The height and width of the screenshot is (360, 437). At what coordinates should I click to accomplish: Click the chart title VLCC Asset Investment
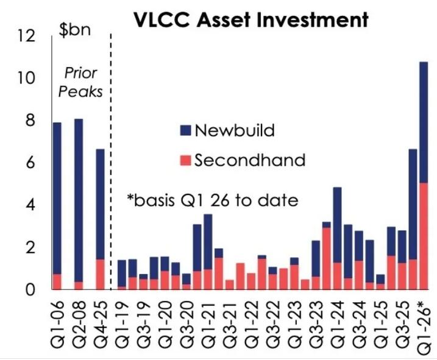point(251,20)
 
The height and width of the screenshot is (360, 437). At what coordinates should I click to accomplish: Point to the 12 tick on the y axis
point(28,37)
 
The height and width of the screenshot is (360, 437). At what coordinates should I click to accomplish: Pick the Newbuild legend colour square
point(187,130)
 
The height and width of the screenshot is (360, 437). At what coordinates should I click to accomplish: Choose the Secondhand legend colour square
point(187,160)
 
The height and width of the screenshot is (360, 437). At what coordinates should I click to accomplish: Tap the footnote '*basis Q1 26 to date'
point(212,199)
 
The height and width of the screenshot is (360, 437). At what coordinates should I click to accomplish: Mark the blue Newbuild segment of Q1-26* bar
point(423,122)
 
